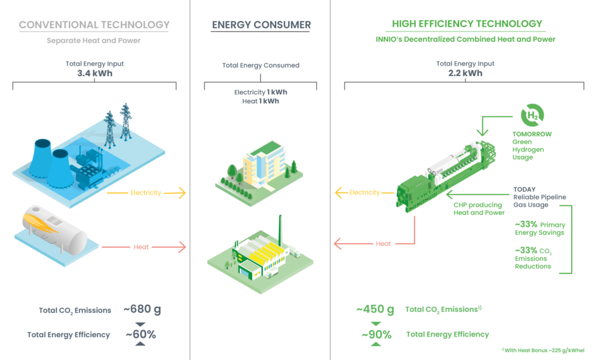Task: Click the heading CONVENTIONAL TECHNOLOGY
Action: pyautogui.click(x=94, y=25)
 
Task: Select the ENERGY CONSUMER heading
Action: pyautogui.click(x=260, y=25)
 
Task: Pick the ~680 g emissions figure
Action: pyautogui.click(x=142, y=309)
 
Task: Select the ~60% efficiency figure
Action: pyautogui.click(x=141, y=335)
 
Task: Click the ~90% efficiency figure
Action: pyautogui.click(x=376, y=335)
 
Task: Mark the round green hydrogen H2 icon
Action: pyautogui.click(x=531, y=115)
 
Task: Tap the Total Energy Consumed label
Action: pyautogui.click(x=260, y=65)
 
